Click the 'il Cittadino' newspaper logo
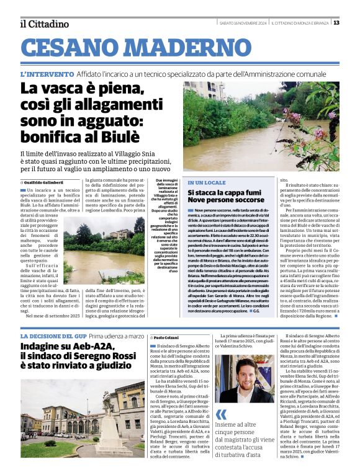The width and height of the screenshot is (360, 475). [x=43, y=24]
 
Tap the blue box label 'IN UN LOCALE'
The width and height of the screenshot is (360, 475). [x=207, y=183]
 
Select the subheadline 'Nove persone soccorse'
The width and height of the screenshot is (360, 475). [x=226, y=202]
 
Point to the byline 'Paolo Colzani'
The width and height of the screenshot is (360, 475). [x=167, y=337]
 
